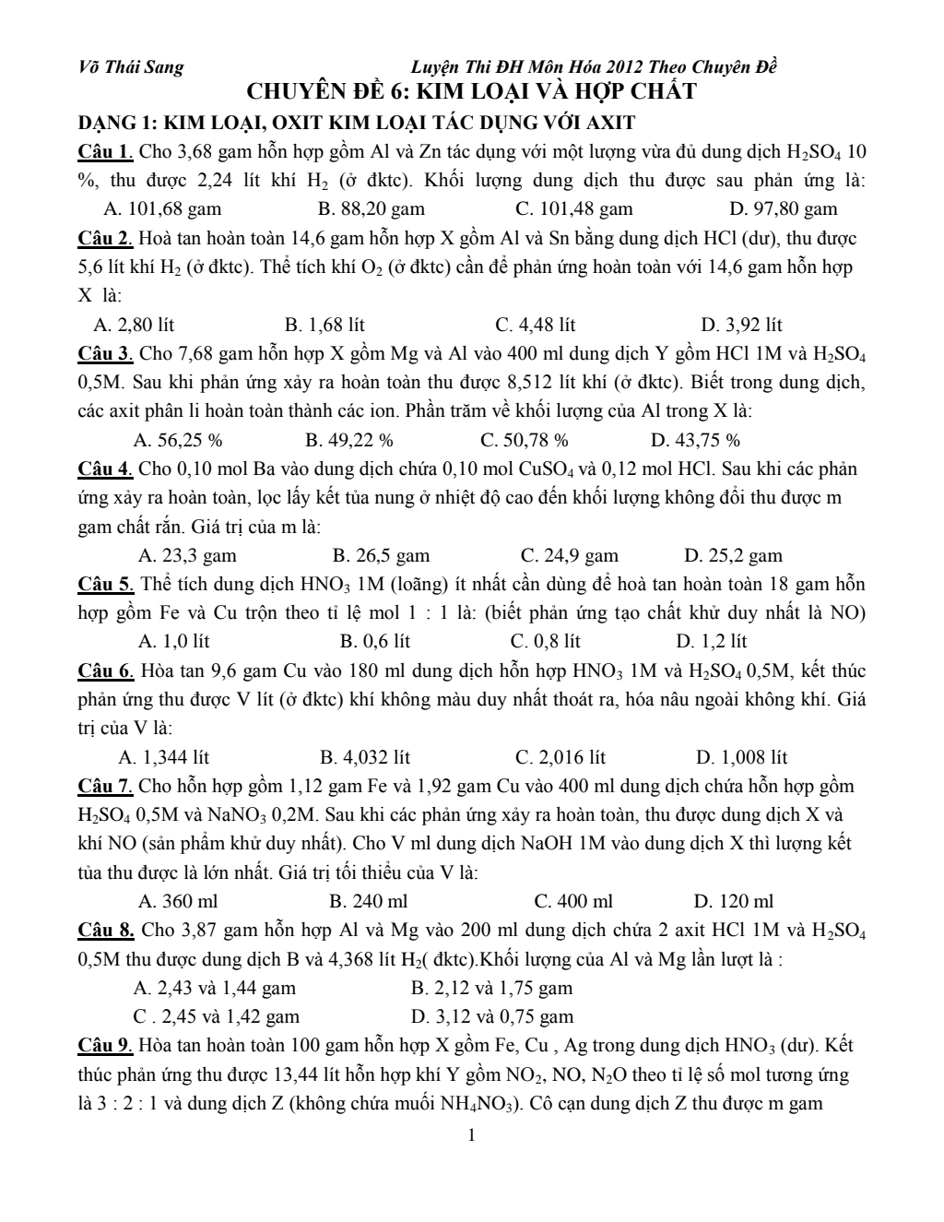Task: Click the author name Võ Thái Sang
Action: pyautogui.click(x=131, y=67)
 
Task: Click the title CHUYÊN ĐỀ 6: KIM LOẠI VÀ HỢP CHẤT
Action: pyautogui.click(x=471, y=92)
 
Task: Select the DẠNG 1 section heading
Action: pyautogui.click(x=357, y=123)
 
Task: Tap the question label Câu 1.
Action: pyautogui.click(x=106, y=151)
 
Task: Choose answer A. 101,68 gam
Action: pyautogui.click(x=163, y=209)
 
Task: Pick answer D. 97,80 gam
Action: pyautogui.click(x=783, y=209)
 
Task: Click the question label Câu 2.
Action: pyautogui.click(x=106, y=239)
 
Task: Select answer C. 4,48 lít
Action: pyautogui.click(x=535, y=325)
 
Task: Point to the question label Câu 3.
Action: pyautogui.click(x=106, y=354)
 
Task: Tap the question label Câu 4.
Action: pyautogui.click(x=106, y=469)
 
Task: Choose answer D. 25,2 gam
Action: pyautogui.click(x=733, y=555)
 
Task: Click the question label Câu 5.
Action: pyautogui.click(x=106, y=584)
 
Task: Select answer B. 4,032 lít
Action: pyautogui.click(x=365, y=758)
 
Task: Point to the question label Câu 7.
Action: pyautogui.click(x=106, y=787)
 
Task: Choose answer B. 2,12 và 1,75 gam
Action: pyautogui.click(x=491, y=989)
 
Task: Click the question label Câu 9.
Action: pyautogui.click(x=106, y=1046)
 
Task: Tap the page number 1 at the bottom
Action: pyautogui.click(x=472, y=1135)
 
